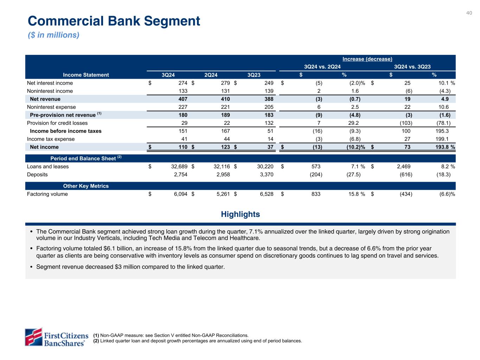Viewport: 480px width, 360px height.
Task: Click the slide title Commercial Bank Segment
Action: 114,21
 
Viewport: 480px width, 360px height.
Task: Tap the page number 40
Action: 469,13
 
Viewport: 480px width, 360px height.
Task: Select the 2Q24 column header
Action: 211,75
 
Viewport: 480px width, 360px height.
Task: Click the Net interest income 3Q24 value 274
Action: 183,83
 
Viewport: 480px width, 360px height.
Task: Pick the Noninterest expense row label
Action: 51,107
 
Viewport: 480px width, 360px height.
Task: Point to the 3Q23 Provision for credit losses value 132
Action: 268,123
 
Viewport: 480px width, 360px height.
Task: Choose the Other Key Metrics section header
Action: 86,186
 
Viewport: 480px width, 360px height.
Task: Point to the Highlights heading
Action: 240,214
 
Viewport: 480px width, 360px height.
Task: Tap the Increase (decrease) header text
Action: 367,59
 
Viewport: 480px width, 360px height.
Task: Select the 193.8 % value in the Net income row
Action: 445,147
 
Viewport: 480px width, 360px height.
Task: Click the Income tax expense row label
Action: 51,139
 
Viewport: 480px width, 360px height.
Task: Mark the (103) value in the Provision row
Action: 406,123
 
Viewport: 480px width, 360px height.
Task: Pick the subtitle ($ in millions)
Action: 53,35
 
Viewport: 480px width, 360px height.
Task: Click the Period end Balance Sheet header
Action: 86,159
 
